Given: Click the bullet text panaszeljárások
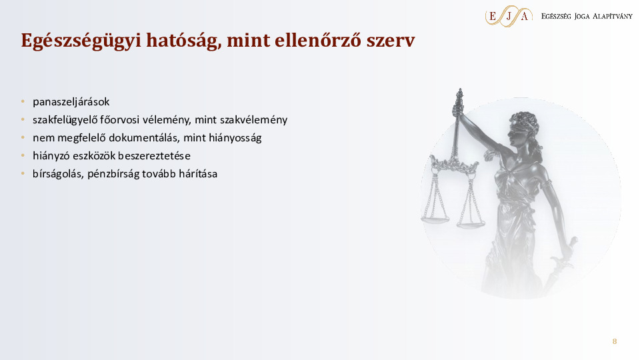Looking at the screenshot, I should tap(71, 102).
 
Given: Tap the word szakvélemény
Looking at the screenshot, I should tap(257, 120).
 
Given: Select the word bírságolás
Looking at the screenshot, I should tap(57, 174).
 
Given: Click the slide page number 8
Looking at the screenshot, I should tap(615, 342).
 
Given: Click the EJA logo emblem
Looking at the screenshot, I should tap(509, 16).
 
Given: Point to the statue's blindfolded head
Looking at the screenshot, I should tap(509, 124).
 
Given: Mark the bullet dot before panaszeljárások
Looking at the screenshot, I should tap(22, 102).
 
